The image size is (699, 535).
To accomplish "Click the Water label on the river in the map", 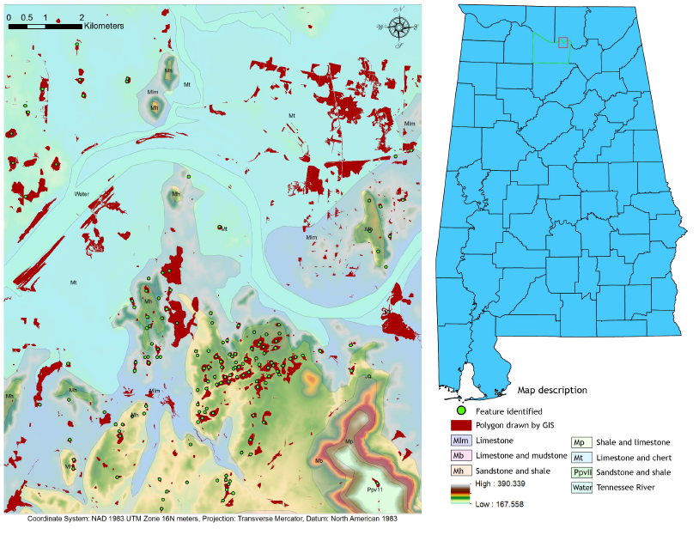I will pos(82,194).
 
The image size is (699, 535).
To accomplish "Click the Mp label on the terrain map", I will pos(349,442).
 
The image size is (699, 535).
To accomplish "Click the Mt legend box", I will pos(580,457).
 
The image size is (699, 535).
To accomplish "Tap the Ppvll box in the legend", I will pos(580,472).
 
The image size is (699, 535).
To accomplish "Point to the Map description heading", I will pos(552,390).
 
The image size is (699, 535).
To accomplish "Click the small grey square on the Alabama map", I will pos(562,42).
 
